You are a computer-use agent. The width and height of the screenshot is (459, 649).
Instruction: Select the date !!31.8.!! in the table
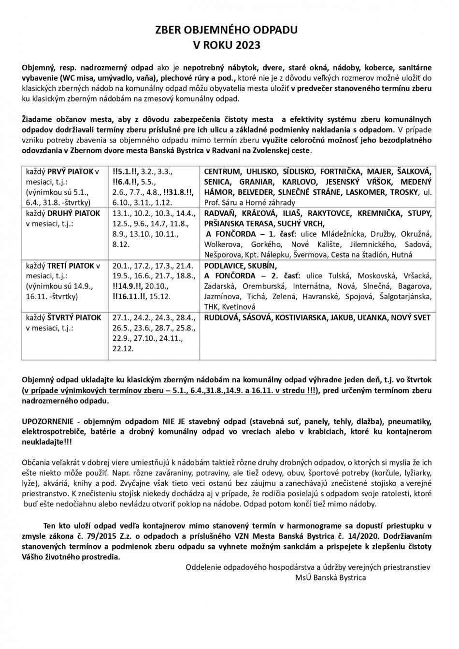[179, 192]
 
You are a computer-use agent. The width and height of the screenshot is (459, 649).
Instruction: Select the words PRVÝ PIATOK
[71, 172]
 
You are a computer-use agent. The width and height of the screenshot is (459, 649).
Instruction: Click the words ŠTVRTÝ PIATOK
[74, 318]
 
